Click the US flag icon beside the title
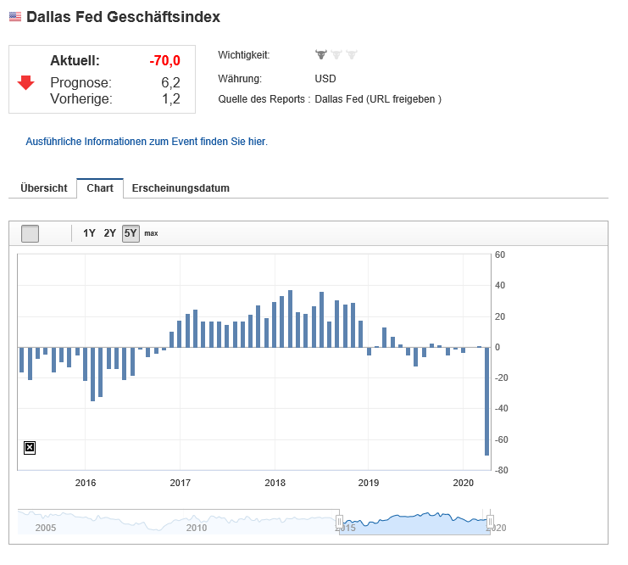click(15, 17)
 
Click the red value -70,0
click(164, 61)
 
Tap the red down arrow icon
click(26, 82)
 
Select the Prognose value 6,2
click(170, 82)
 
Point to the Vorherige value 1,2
click(170, 98)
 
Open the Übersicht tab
click(43, 188)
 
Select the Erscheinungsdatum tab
click(181, 188)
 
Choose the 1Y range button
click(89, 233)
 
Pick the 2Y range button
click(110, 233)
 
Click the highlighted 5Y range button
click(131, 233)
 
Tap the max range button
click(151, 233)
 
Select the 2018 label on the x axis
click(275, 484)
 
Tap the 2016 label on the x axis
click(86, 484)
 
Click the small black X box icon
click(30, 447)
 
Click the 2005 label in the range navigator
click(46, 528)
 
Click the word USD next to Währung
click(325, 79)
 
